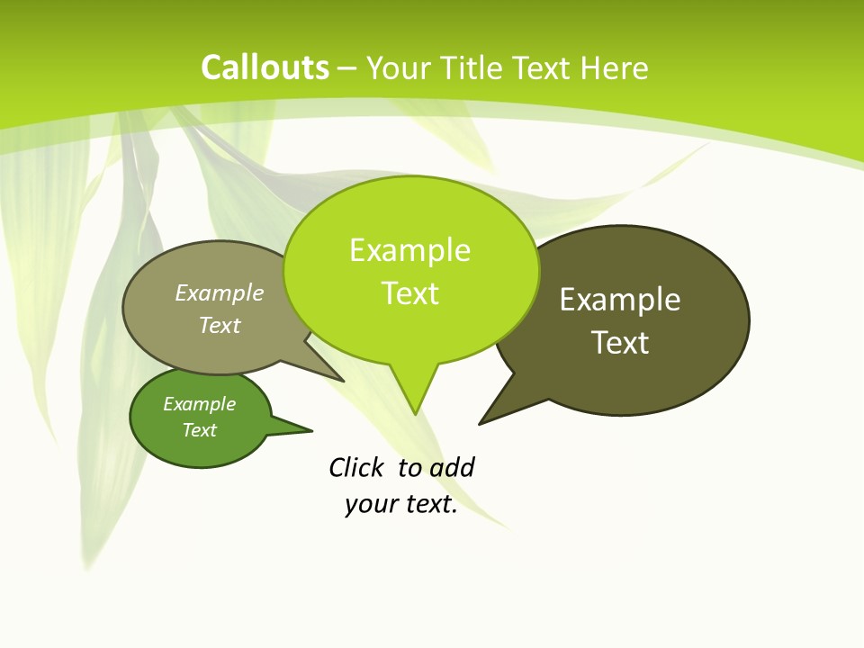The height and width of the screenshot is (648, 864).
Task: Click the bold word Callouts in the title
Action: (265, 67)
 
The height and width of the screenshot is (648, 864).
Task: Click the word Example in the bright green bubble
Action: (409, 250)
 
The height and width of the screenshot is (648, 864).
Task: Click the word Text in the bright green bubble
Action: (409, 293)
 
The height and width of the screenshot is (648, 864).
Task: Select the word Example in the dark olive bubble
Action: (620, 300)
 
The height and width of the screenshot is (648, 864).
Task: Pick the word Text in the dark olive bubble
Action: (620, 343)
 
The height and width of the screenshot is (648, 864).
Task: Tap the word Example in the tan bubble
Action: (220, 292)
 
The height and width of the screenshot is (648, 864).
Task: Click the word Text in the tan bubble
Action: (220, 325)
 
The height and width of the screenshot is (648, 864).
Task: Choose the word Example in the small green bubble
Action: (199, 404)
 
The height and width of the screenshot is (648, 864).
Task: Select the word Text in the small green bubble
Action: (199, 430)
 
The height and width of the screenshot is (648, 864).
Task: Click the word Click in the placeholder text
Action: (355, 467)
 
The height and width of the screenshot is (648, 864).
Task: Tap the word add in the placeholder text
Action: (452, 467)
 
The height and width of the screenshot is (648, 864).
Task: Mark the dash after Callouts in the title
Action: (348, 68)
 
